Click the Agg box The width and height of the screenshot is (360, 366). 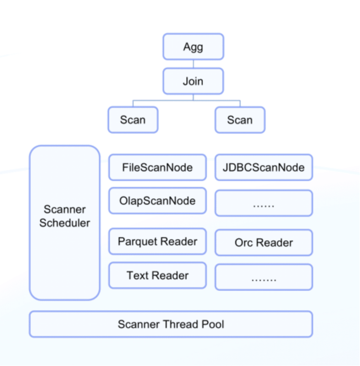click(193, 47)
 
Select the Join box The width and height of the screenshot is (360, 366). click(193, 81)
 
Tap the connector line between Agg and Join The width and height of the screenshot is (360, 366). click(193, 64)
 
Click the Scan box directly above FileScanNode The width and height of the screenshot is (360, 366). click(133, 120)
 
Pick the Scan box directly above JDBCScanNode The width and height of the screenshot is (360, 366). click(240, 120)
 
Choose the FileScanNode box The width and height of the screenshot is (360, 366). click(157, 167)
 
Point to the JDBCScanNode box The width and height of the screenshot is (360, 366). click(264, 167)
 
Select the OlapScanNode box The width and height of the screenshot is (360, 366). click(157, 201)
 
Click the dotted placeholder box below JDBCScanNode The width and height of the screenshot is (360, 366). click(264, 203)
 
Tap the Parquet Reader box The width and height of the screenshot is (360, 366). click(157, 242)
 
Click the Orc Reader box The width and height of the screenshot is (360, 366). click(264, 242)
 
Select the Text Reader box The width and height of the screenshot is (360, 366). click(157, 275)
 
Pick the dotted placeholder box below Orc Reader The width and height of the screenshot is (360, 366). click(264, 277)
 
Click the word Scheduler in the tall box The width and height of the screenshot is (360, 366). click(65, 223)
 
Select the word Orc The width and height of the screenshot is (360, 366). click(244, 243)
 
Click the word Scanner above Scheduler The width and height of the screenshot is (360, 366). click(65, 209)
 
